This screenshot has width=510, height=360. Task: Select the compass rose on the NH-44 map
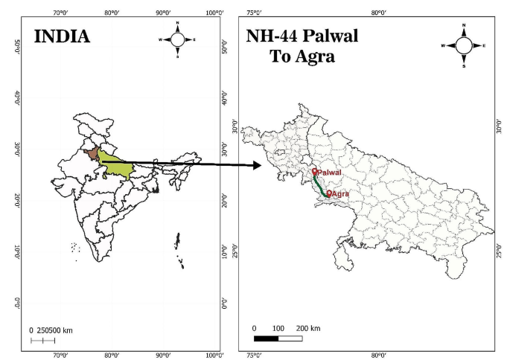(464, 45)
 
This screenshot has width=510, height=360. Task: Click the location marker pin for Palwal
(314, 172)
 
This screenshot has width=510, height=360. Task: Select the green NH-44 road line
(320, 185)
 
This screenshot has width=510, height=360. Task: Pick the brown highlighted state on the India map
(89, 154)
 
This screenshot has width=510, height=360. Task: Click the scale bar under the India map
(42, 340)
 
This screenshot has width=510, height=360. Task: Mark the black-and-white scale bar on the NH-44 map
(278, 338)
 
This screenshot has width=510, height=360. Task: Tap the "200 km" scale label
(308, 328)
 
